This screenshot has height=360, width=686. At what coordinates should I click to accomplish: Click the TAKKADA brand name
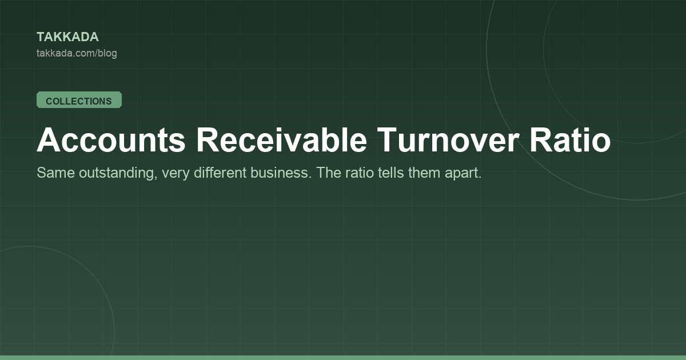coord(67,37)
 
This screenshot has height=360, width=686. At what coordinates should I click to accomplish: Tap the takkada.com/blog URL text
coord(77,53)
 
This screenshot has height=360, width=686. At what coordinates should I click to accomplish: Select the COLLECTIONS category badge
coord(79,100)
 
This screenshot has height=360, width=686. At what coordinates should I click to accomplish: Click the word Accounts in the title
coord(111,140)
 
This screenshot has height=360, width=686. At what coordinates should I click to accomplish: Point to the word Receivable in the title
coord(281,140)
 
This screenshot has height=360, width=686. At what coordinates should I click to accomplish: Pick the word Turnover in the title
coord(448,140)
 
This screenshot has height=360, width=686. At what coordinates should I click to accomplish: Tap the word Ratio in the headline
coord(570,140)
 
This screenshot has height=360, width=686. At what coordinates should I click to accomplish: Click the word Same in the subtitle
coord(56,173)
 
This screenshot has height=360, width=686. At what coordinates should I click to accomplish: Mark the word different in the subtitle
coord(220,173)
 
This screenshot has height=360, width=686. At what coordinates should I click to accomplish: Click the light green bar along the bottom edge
coord(343,358)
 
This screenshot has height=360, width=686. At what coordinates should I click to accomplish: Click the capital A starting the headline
coord(49,140)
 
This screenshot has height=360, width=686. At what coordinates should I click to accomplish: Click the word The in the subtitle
coord(329,173)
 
